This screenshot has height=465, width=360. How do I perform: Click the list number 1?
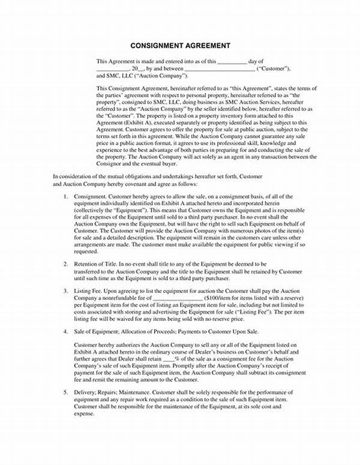(x=65, y=197)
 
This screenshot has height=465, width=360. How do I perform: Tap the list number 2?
(x=65, y=264)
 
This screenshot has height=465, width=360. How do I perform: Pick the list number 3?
(x=65, y=290)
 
